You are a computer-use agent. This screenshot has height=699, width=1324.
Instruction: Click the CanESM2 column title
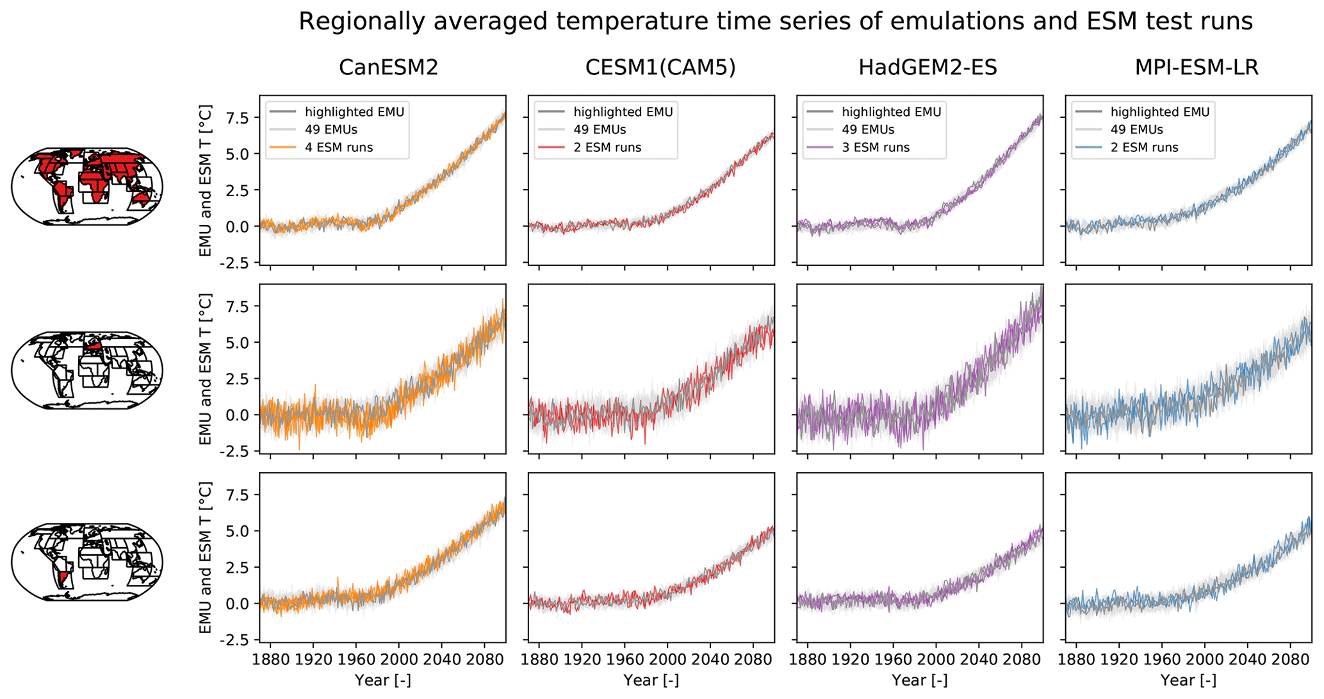pos(388,67)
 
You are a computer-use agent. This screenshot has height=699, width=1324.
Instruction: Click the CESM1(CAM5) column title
pos(660,67)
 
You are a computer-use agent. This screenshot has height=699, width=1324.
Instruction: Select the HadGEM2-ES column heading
pos(928,67)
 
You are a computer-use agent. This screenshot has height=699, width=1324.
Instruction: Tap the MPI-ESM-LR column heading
pos(1197,67)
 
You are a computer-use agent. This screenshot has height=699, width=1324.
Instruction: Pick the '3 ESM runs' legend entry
pos(876,147)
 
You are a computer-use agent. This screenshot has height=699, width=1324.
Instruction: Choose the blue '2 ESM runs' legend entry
pos(1144,147)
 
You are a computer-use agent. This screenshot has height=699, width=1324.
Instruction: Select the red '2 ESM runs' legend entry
pos(607,147)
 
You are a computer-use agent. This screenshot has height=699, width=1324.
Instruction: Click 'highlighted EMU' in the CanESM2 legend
pos(354,112)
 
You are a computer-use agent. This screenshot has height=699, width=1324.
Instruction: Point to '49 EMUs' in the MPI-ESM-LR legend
pos(1137,129)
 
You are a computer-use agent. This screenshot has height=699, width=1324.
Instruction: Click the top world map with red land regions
pos(87,186)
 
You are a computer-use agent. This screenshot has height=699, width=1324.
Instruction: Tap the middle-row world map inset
pos(87,370)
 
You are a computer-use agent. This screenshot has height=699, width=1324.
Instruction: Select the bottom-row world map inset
pos(87,561)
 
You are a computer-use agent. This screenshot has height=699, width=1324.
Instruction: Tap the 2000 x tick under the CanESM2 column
pos(398,659)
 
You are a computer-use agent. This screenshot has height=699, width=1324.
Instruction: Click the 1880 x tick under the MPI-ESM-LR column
pos(1076,659)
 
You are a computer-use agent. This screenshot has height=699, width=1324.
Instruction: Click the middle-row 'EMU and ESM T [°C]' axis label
pos(205,370)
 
